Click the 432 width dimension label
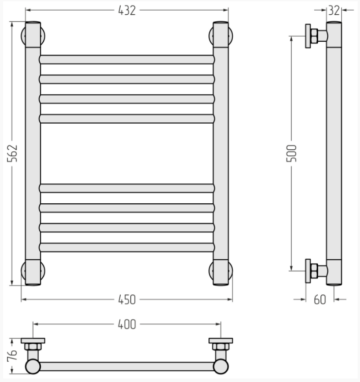point(127,11)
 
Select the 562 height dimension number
point(12,153)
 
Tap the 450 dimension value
point(127,299)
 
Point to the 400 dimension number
point(127,324)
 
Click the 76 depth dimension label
point(12,355)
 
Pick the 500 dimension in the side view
point(292,153)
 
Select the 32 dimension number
point(334,11)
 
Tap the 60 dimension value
point(320,299)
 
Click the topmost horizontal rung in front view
point(127,60)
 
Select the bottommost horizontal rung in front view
point(127,247)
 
